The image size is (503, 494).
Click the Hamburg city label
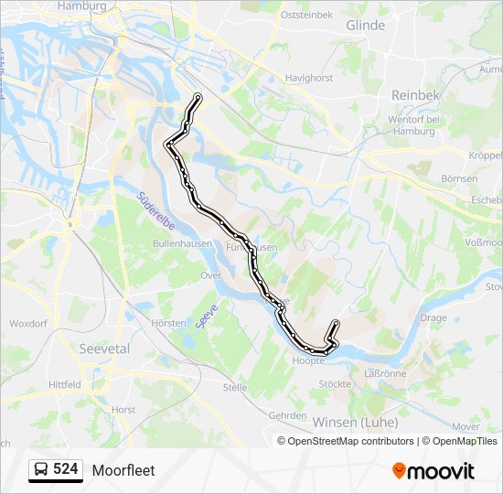(82, 5)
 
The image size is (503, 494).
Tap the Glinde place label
(365, 26)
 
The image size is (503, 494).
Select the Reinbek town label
(416, 95)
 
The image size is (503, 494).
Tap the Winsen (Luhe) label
(355, 422)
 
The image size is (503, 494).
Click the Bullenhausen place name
(183, 244)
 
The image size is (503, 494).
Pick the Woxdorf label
(27, 324)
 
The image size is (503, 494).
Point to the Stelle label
(235, 387)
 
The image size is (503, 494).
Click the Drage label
(433, 318)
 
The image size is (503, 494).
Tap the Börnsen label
(458, 178)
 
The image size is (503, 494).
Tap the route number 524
(65, 469)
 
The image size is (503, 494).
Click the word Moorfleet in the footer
(123, 470)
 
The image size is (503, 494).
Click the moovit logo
(433, 471)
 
